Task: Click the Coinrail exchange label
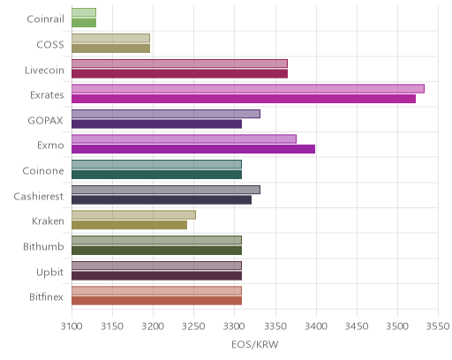[45, 19]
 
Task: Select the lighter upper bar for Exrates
[248, 88]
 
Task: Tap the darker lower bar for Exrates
[244, 99]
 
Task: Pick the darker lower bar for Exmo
[193, 149]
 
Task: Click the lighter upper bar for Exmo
[184, 139]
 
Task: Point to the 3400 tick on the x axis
[316, 326]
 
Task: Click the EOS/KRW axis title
[255, 345]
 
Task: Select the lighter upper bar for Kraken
[133, 214]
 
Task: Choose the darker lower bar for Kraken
[129, 225]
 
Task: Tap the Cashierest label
[39, 196]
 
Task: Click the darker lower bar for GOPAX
[156, 124]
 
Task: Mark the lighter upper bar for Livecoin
[179, 64]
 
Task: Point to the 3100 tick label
[72, 326]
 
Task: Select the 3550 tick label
[438, 326]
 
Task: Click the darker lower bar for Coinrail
[84, 23]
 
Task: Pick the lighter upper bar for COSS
[110, 38]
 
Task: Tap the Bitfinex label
[46, 297]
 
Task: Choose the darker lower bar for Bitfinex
[156, 301]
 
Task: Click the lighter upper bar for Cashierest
[166, 190]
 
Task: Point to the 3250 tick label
[193, 326]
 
